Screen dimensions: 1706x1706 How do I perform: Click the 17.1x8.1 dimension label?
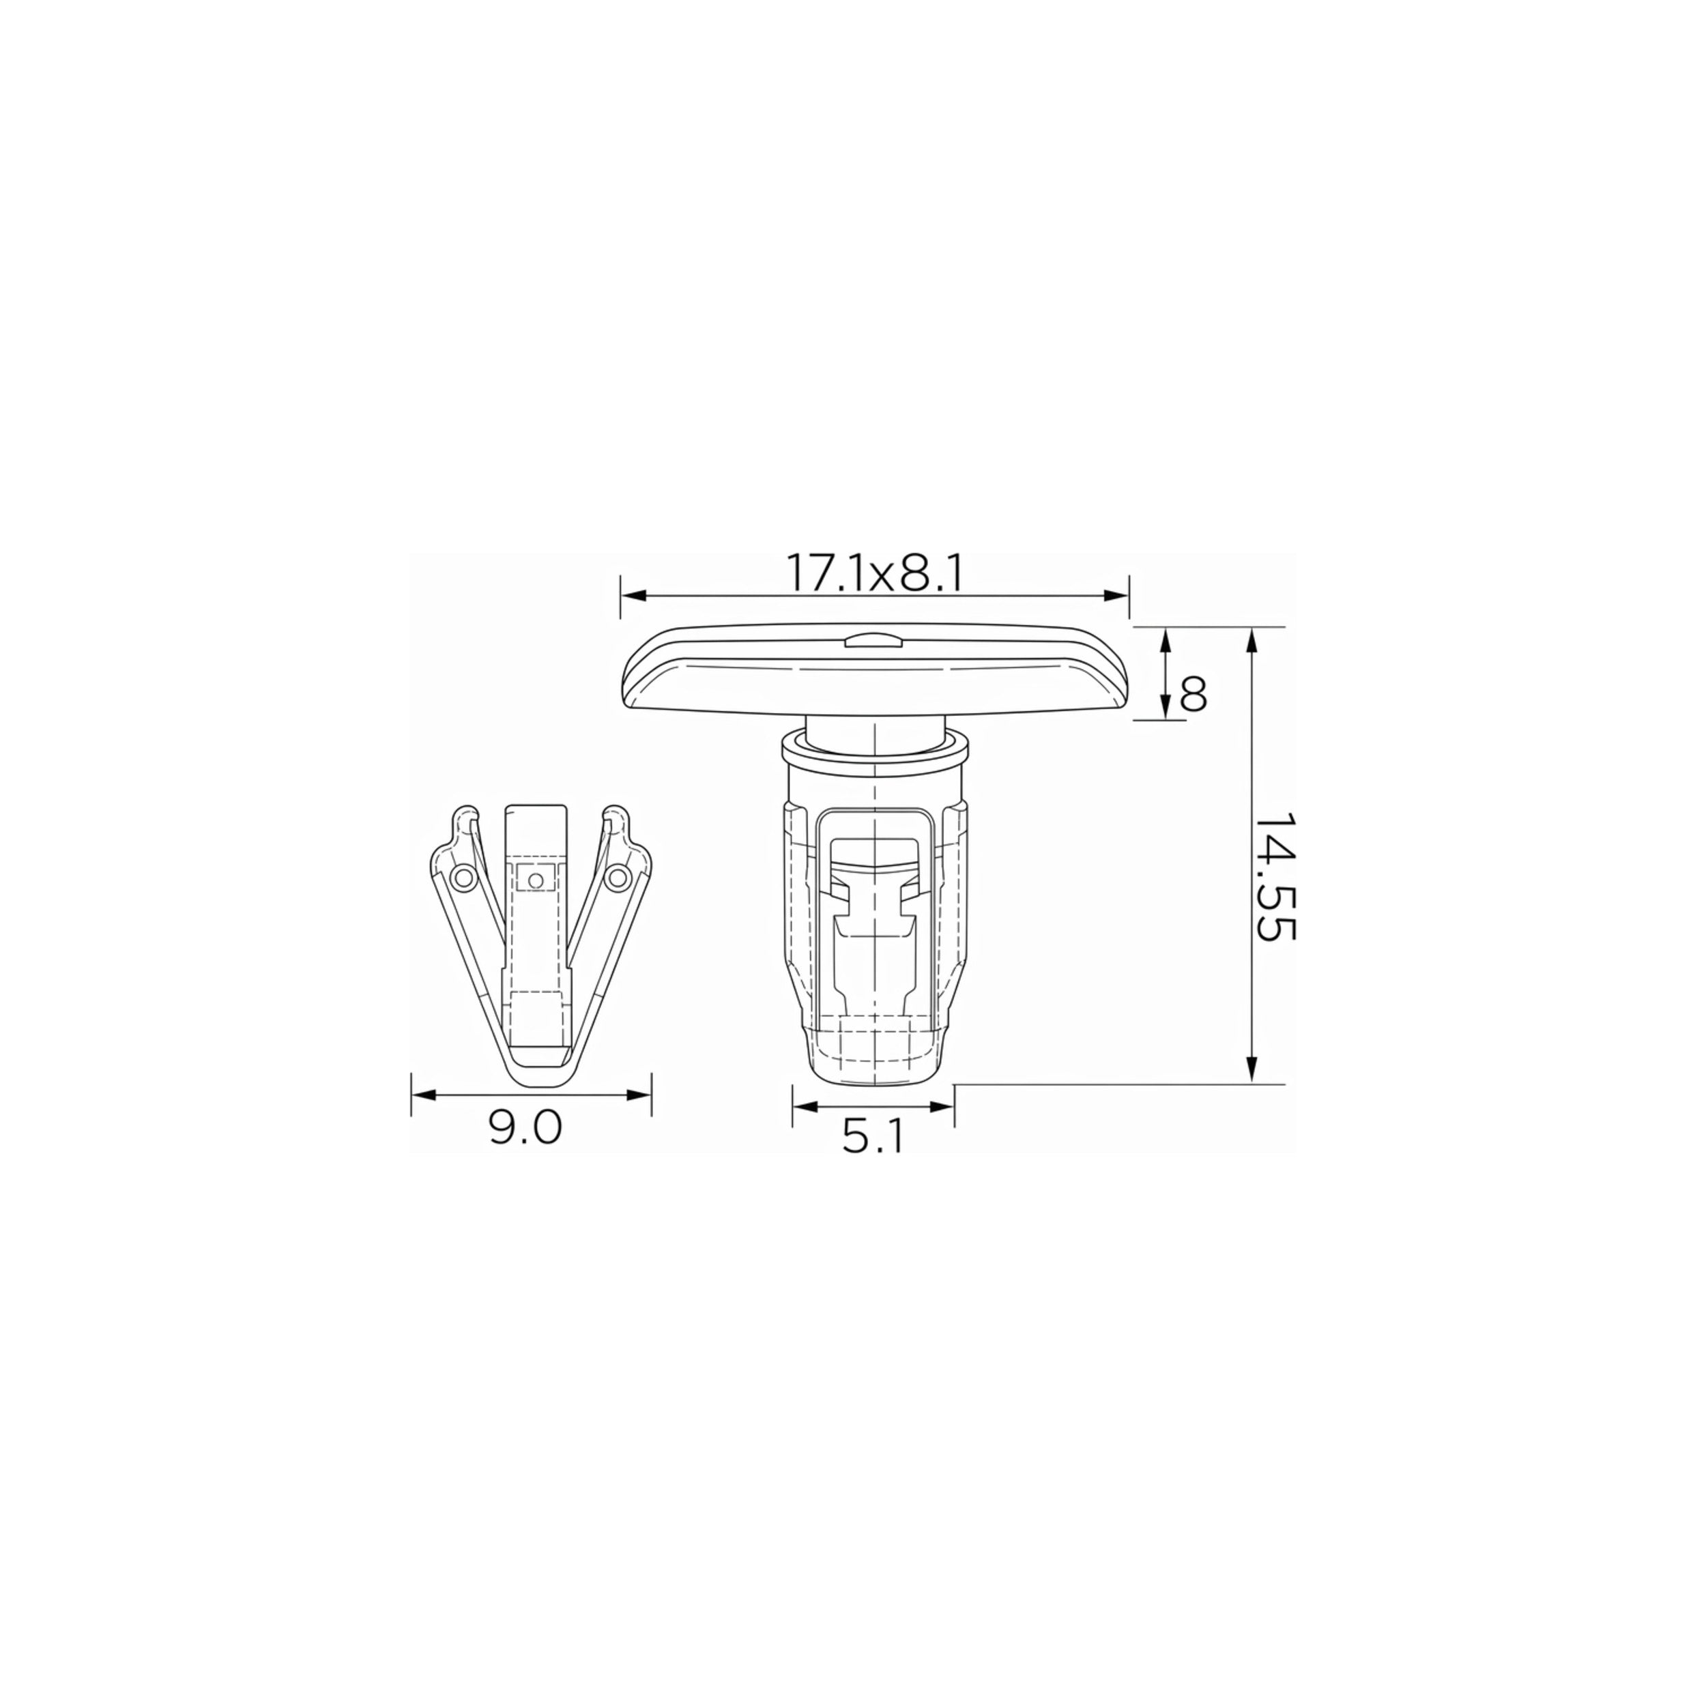coord(873,575)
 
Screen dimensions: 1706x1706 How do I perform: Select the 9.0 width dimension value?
coord(525,1127)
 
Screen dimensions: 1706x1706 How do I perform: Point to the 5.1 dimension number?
coord(872,1138)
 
